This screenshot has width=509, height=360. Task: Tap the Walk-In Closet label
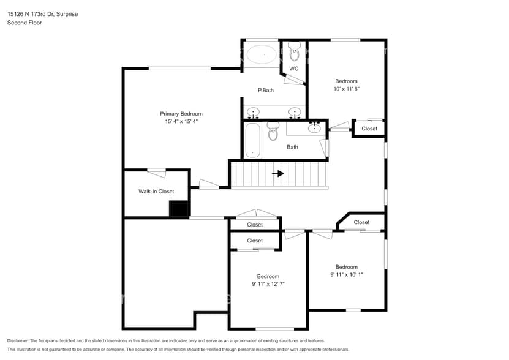click(156, 192)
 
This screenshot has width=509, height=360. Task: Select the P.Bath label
click(265, 91)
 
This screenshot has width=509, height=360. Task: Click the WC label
click(293, 69)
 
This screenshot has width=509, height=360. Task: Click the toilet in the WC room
click(294, 53)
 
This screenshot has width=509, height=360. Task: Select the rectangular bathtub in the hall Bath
click(253, 140)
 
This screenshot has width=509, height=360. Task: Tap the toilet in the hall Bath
click(273, 131)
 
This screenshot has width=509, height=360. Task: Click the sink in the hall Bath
click(314, 128)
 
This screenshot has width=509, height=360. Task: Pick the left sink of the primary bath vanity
click(253, 113)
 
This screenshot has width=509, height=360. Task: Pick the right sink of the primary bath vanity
click(295, 113)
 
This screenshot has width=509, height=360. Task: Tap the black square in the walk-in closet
click(179, 209)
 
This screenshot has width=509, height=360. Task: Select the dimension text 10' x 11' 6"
click(346, 89)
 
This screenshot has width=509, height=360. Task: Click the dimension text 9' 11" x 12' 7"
click(268, 284)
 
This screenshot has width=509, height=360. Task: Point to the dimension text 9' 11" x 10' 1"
click(346, 275)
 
